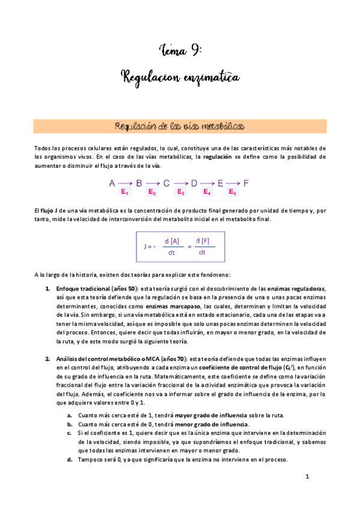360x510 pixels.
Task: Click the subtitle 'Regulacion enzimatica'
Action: click(x=180, y=77)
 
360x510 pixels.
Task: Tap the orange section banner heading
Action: click(x=180, y=126)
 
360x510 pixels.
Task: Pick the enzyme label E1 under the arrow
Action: click(x=125, y=192)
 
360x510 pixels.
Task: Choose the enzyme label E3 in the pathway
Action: click(x=180, y=192)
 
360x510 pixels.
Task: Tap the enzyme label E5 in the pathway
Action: click(x=233, y=192)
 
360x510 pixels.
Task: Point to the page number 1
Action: click(x=307, y=477)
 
